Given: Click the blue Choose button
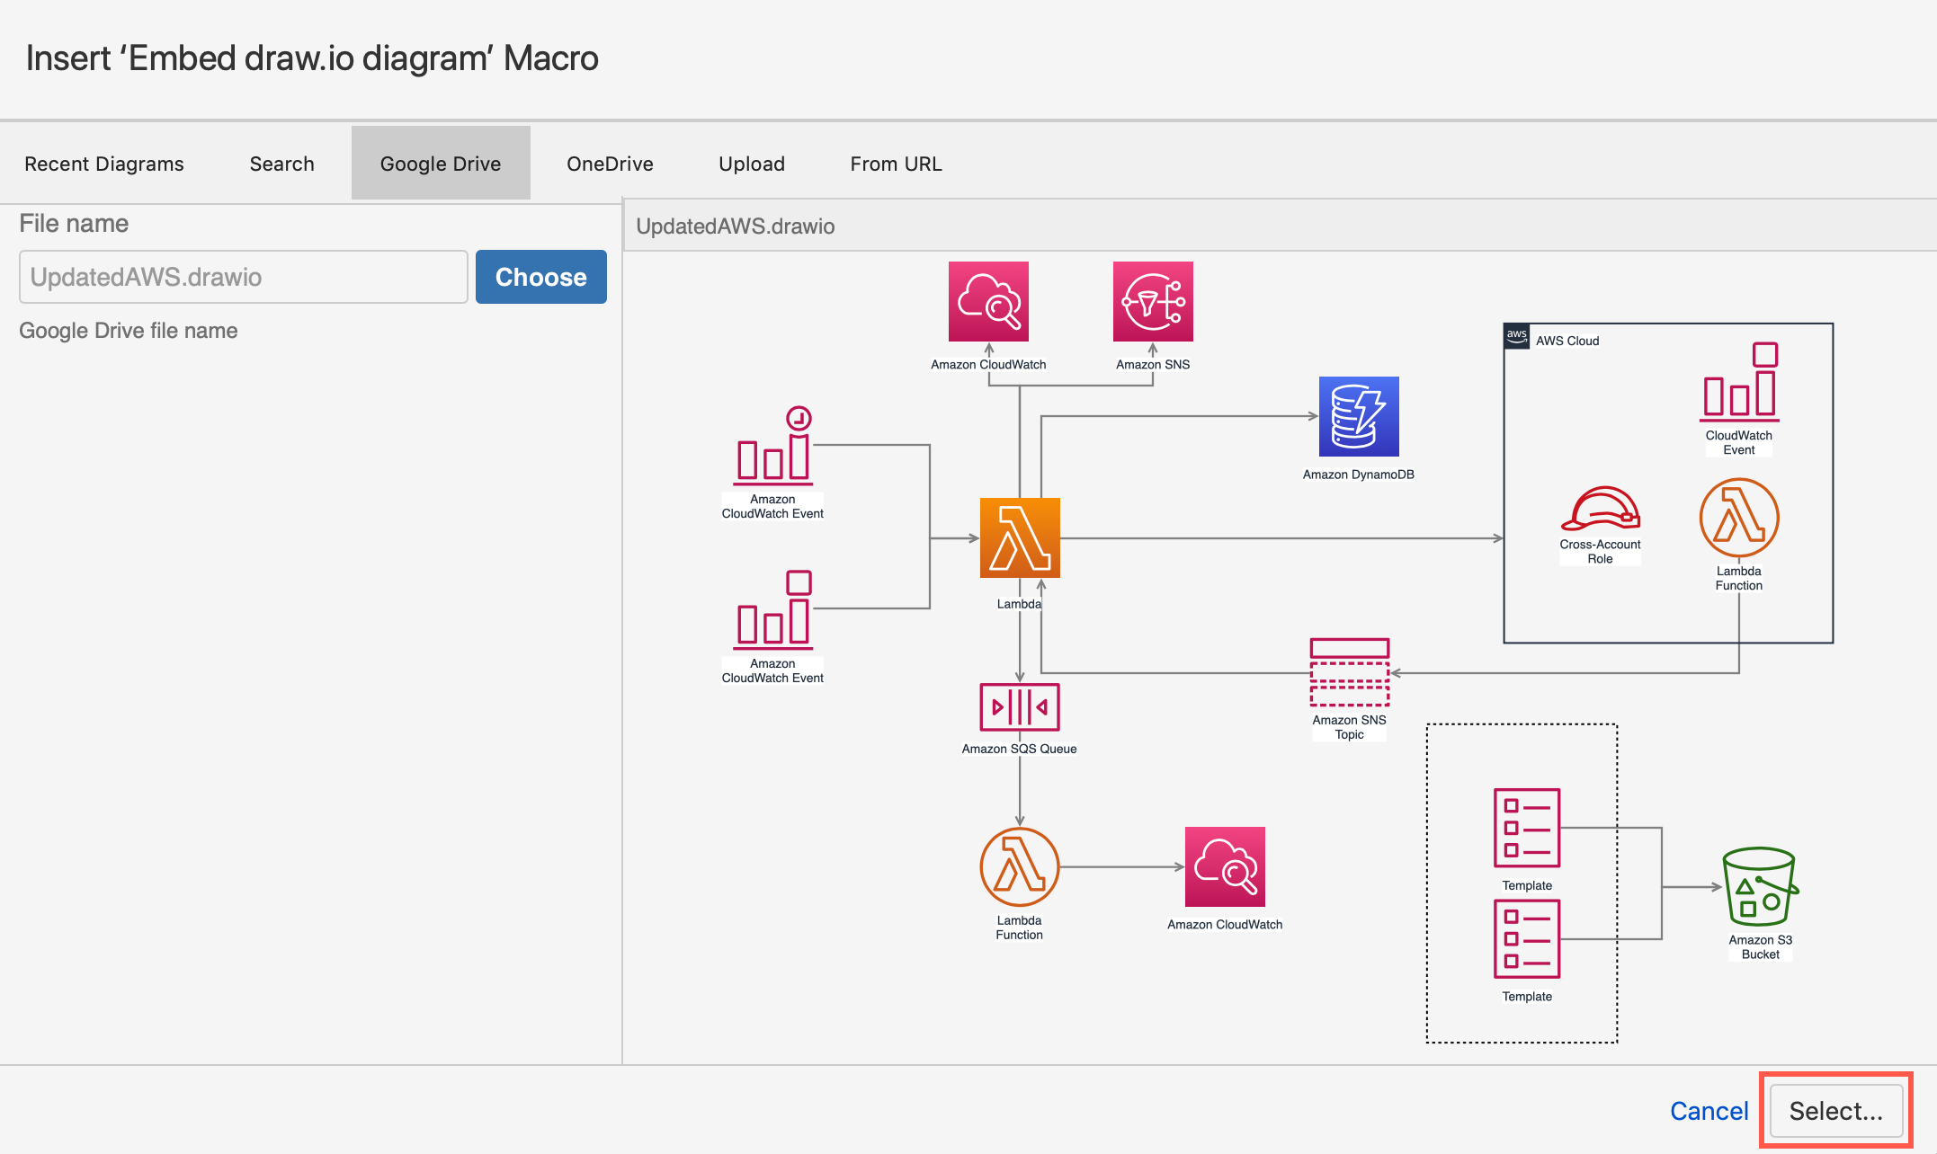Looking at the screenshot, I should point(540,277).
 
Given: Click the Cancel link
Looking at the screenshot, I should point(1709,1111).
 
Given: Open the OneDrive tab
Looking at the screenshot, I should point(610,164).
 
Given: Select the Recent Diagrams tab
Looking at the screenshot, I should point(104,164).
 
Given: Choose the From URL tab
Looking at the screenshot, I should point(896,164).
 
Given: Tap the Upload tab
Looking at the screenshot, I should point(752,164).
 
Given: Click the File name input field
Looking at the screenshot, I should point(243,277).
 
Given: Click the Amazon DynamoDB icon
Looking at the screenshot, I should point(1358,416).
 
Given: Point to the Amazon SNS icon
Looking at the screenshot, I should point(1153,301).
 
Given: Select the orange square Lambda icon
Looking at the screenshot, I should point(1020,537).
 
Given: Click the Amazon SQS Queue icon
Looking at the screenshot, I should point(1019,707).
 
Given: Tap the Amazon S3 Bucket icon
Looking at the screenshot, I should point(1759,887).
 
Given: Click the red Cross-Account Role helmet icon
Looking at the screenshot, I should point(1600,510).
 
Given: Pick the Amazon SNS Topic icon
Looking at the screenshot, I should point(1349,672).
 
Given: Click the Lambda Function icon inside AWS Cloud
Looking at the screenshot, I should point(1738,518).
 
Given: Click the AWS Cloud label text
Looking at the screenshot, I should point(1567,341).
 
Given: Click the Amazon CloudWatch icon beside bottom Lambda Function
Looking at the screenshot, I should point(1225,866).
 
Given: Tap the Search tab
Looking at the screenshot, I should point(281,164).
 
